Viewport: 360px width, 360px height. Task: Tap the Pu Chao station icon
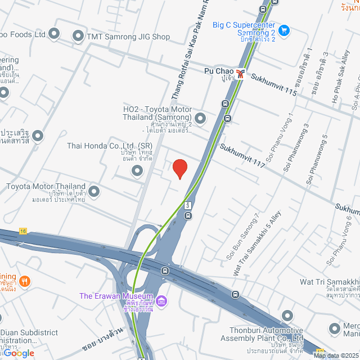coord(241,73)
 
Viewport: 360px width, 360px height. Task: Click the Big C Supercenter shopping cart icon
coord(284,30)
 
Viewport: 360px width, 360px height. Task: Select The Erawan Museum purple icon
coord(162,301)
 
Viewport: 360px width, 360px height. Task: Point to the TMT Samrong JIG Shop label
coord(128,37)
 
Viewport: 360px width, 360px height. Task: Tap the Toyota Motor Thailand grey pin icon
coord(94,192)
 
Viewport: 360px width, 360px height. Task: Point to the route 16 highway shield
coord(22,231)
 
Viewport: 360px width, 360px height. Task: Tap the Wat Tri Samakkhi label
coord(329,281)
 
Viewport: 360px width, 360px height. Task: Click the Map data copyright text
coord(335,355)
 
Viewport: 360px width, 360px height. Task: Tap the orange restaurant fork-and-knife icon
coord(24,280)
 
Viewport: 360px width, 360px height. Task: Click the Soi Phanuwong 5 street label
coord(317,161)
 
